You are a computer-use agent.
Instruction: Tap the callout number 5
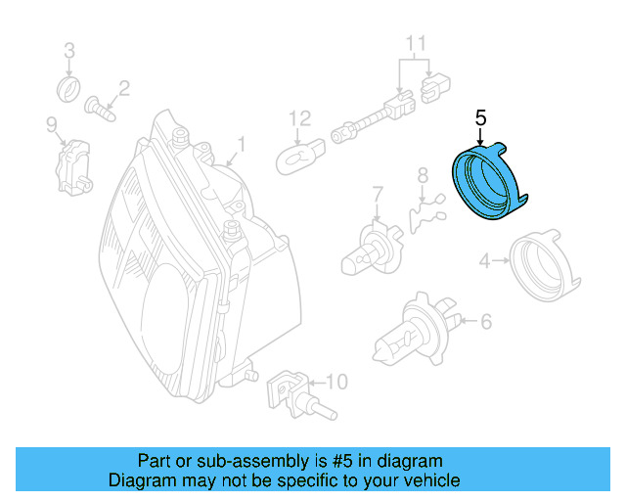tap(479, 118)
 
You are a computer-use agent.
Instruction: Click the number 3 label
tap(69, 51)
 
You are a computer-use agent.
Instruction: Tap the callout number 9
tap(51, 122)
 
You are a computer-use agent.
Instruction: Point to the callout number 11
tap(417, 43)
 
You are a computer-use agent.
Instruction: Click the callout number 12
tap(299, 118)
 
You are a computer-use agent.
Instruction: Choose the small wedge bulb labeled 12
tap(298, 157)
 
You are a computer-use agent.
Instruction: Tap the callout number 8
tap(423, 175)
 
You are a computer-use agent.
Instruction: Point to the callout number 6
tap(485, 320)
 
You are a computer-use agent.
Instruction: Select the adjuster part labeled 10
tap(289, 390)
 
